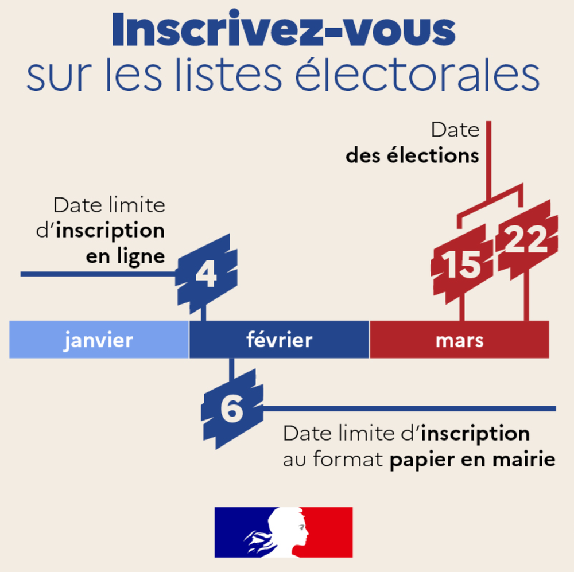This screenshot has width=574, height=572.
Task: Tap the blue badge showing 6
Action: tap(232, 409)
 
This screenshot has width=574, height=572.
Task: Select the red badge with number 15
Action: tap(462, 264)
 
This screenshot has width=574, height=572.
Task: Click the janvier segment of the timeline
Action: tap(99, 340)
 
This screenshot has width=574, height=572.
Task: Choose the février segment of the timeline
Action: tap(279, 340)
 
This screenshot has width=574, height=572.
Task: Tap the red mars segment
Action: tap(459, 340)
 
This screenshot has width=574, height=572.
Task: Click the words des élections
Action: tap(412, 156)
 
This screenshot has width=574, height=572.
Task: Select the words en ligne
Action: tap(125, 256)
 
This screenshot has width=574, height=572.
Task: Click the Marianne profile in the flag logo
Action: tap(284, 531)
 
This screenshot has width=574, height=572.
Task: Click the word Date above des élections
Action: tap(455, 130)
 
